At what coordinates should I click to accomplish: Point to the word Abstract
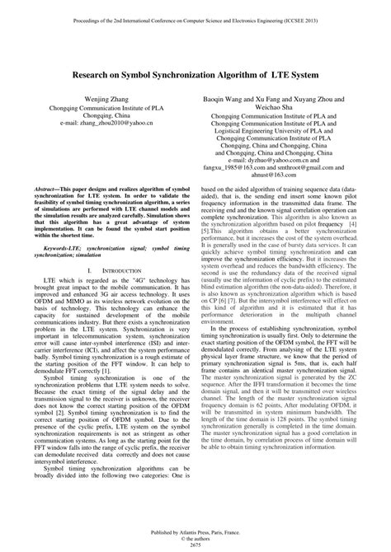click(47, 189)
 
